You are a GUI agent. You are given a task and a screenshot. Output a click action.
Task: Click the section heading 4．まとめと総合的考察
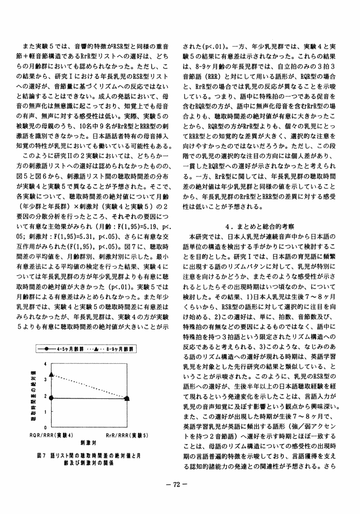(x=260, y=226)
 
